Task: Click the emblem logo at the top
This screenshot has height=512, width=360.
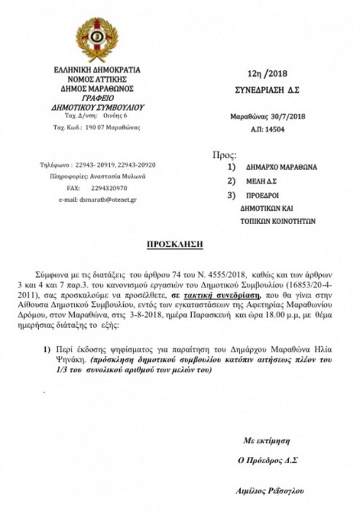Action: click(x=97, y=40)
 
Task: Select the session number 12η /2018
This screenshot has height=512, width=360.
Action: click(x=267, y=74)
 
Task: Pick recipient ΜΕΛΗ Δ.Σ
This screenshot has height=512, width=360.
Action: click(x=262, y=182)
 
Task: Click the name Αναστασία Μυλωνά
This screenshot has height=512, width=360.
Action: click(x=118, y=176)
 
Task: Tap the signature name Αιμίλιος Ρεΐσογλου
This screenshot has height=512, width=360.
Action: click(x=270, y=491)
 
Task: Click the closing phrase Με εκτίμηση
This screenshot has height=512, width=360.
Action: click(x=267, y=440)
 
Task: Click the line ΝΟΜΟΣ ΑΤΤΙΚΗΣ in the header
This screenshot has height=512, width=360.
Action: click(x=97, y=80)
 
